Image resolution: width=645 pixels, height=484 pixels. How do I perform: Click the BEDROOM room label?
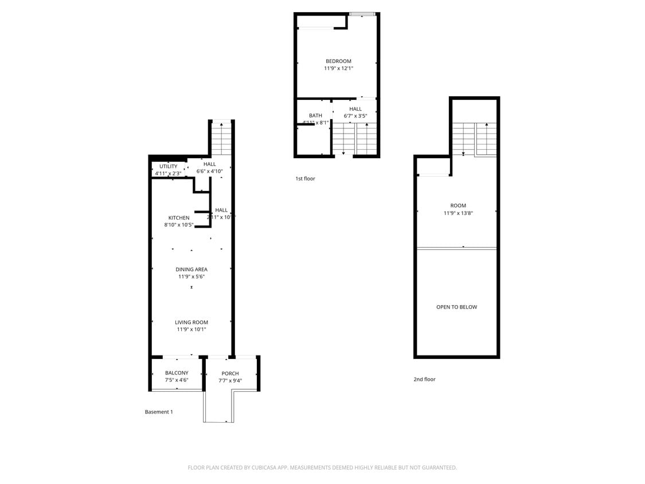[x=338, y=61]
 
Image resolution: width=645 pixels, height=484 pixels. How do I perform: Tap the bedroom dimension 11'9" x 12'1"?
[x=338, y=68]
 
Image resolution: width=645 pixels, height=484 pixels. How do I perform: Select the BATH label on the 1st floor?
[x=315, y=116]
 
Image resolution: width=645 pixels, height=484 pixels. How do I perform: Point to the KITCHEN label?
[x=179, y=218]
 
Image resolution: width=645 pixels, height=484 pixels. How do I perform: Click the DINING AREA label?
[x=191, y=270]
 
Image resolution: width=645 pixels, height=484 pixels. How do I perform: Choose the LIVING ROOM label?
[x=191, y=322]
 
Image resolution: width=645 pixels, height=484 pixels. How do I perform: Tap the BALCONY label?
[x=177, y=373]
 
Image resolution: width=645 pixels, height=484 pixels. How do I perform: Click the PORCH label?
[x=230, y=373]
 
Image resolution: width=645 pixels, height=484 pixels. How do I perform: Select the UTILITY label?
[x=169, y=166]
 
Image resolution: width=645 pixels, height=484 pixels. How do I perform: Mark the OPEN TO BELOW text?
[x=456, y=307]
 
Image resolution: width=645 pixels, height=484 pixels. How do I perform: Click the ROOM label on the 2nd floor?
[x=458, y=205]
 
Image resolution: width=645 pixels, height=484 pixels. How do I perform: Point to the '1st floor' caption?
[x=305, y=179]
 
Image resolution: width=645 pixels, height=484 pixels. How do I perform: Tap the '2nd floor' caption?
[x=424, y=379]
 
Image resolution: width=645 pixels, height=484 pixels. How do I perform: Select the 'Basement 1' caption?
[x=159, y=412]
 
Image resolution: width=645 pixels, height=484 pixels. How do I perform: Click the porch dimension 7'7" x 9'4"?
[x=230, y=380]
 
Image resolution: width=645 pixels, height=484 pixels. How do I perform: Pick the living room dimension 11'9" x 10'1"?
[x=191, y=329]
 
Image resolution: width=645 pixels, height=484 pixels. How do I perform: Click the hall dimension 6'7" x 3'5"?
[x=355, y=116]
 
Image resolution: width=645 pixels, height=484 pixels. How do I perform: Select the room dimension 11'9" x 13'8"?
[x=458, y=213]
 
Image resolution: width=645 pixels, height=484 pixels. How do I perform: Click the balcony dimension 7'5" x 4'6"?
[x=177, y=380]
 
